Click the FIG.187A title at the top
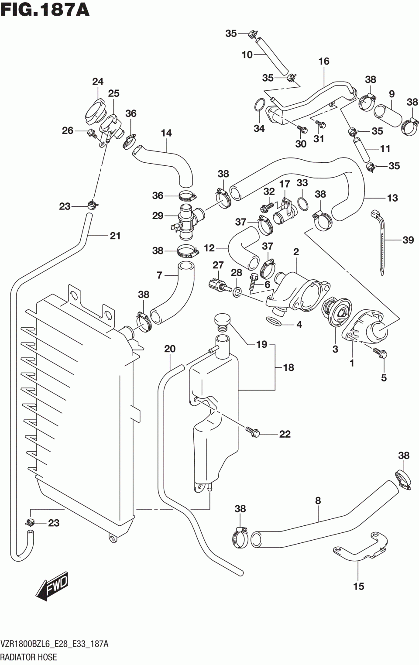point(45,10)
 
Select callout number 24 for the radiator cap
point(98,82)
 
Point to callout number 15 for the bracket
point(358,586)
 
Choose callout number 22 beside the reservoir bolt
point(285,434)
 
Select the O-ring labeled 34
point(259,105)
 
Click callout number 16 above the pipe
point(324,62)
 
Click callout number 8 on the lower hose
point(318,501)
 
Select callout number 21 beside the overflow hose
point(115,236)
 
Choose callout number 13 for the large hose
point(392,198)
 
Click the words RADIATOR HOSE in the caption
point(29,657)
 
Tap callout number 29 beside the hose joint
point(158,216)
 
